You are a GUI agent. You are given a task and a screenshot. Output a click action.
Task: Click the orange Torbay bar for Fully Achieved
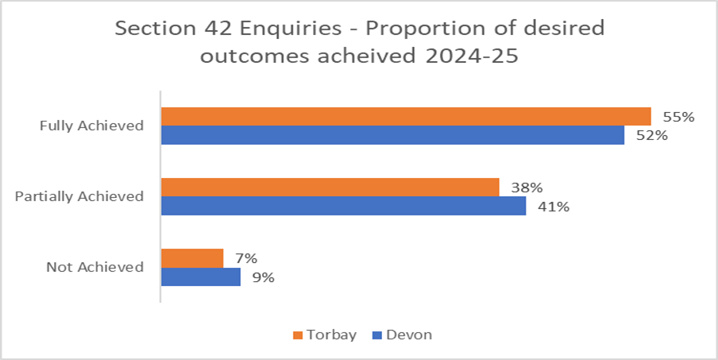click(406, 116)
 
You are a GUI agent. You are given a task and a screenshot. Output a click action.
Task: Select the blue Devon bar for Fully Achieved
click(392, 135)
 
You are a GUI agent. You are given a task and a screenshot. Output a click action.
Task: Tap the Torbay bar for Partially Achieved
click(330, 187)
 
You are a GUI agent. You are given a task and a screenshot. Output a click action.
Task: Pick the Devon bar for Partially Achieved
click(343, 206)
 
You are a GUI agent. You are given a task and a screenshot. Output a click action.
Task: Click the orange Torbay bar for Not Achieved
click(192, 258)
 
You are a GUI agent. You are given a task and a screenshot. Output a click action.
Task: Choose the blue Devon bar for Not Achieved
click(200, 277)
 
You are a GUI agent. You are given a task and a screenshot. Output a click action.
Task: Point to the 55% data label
click(679, 117)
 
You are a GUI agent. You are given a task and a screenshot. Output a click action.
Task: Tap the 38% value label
click(527, 188)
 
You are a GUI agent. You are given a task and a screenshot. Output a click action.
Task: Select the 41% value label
click(554, 207)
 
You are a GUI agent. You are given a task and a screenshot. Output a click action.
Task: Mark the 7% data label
click(245, 258)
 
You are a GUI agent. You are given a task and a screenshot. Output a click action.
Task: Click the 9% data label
click(262, 277)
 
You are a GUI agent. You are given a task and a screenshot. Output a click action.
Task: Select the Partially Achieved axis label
click(79, 196)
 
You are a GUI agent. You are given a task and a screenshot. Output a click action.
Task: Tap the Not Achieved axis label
click(95, 267)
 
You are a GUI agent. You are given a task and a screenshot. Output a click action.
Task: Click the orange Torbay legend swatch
click(299, 335)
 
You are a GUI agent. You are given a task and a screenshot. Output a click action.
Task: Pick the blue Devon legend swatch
click(376, 335)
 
